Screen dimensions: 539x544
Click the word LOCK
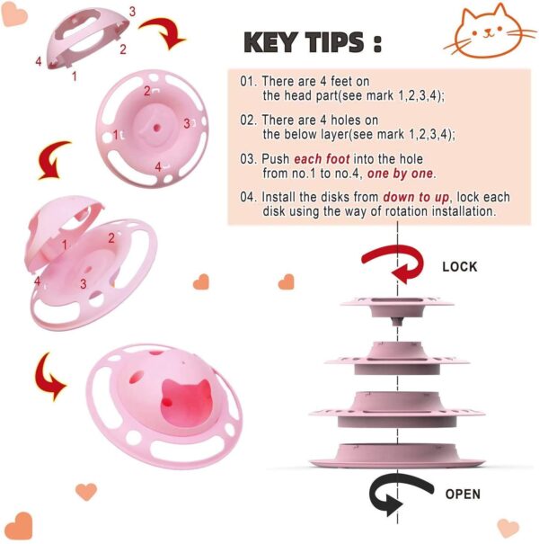tap(460, 267)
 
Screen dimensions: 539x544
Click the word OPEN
tap(463, 494)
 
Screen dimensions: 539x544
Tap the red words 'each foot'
tap(322, 159)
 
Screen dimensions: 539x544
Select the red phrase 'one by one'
tap(400, 174)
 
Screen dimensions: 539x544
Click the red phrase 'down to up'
tap(416, 197)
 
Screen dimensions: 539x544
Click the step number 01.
tap(248, 81)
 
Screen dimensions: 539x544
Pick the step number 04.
tap(248, 197)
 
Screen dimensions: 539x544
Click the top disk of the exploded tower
tap(397, 308)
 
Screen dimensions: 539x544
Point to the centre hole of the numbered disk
tap(156, 128)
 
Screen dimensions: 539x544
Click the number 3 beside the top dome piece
tap(132, 12)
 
